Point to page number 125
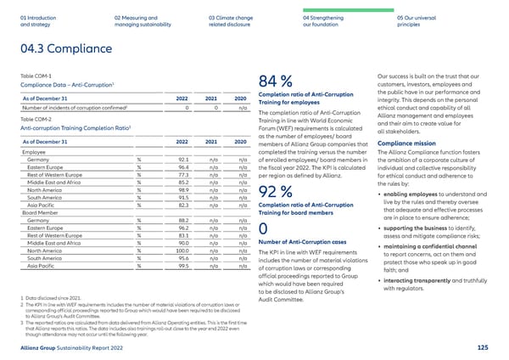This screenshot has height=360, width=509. tap(483, 347)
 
